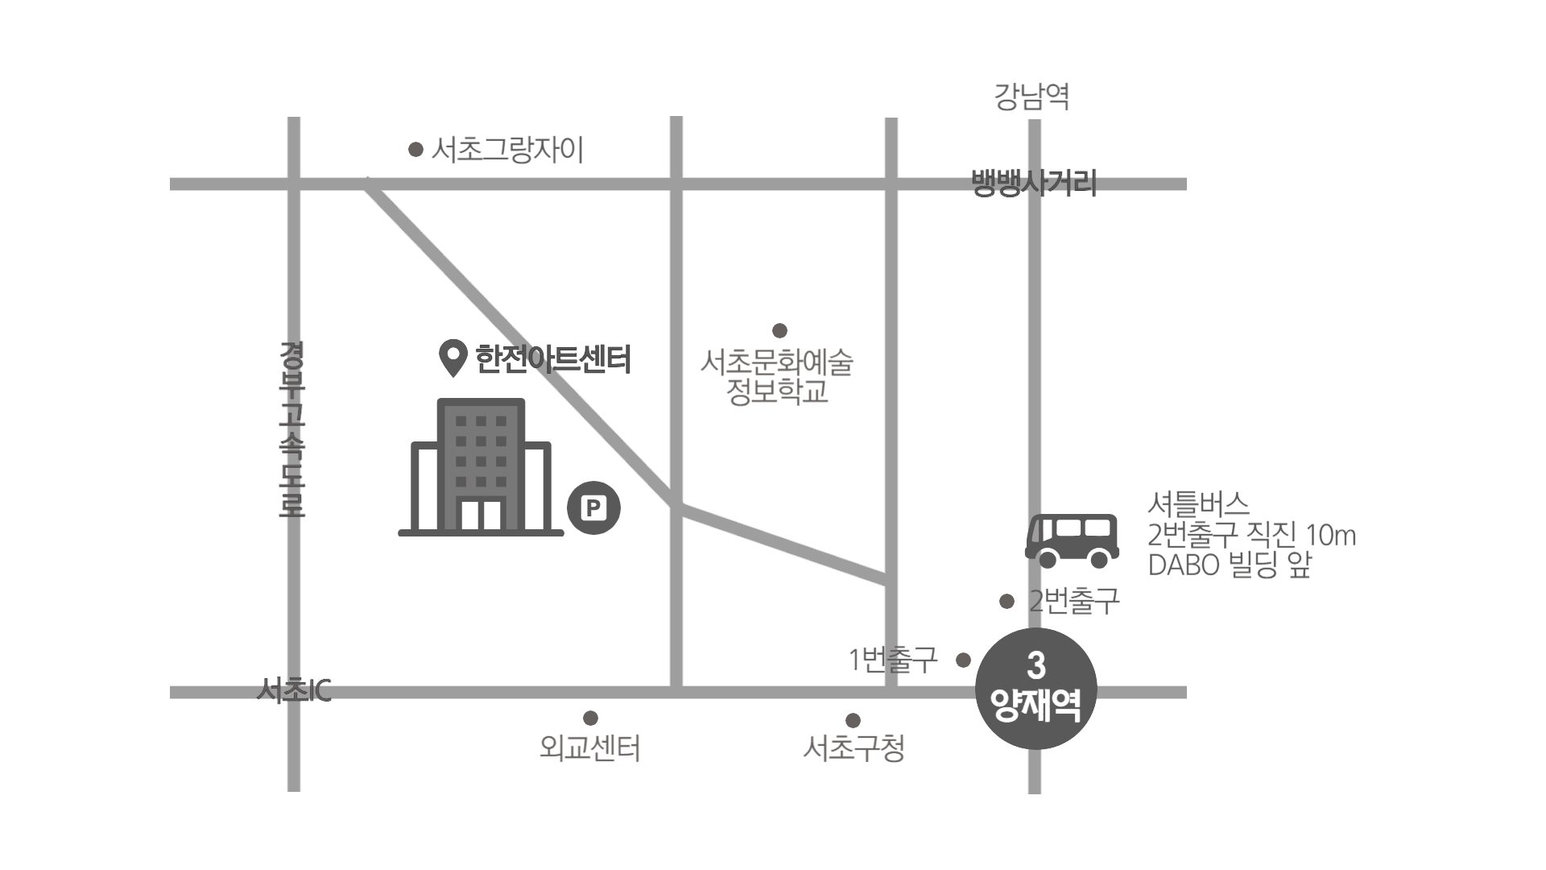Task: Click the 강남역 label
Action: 1031,97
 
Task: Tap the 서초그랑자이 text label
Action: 507,150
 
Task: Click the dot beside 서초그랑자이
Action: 415,150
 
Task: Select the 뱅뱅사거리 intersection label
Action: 1034,183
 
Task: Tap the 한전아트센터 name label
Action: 553,359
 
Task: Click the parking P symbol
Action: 593,508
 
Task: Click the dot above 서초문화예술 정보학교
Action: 779,330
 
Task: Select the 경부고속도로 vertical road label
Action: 291,429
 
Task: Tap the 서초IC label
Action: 294,690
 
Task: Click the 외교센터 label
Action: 589,749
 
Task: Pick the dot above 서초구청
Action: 853,720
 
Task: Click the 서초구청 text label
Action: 854,749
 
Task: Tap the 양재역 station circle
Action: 1036,689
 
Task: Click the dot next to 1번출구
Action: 963,660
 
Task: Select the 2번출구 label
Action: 1074,601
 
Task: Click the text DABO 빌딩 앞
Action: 1230,565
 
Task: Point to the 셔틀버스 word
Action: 1198,505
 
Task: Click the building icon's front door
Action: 481,515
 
